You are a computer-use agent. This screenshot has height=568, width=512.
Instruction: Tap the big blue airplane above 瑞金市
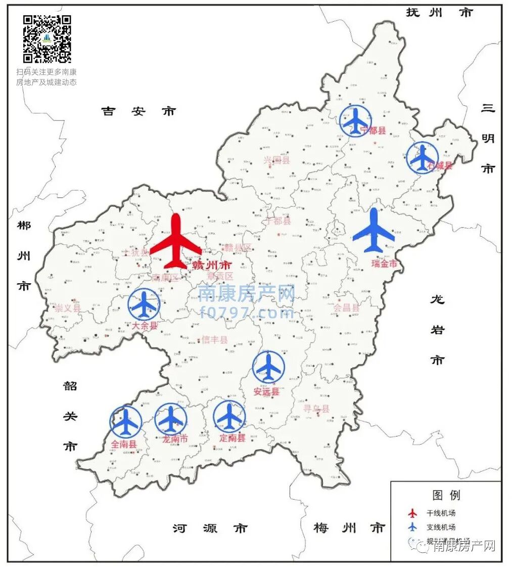pos(374,231)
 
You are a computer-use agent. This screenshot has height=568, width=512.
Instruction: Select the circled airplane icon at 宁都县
pos(355,120)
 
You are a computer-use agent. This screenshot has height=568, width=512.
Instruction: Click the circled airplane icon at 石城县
pos(422,158)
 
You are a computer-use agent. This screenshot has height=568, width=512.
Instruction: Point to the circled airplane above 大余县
pos(144,304)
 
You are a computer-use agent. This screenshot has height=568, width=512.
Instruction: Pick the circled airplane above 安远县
pos(268,367)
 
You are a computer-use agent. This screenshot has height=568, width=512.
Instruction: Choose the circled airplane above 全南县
pos(126,422)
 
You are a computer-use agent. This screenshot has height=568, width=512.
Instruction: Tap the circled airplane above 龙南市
pos(171,419)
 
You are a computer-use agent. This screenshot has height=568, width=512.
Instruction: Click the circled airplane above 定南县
pos(229,417)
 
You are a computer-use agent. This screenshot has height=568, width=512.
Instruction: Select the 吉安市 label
pos(138,111)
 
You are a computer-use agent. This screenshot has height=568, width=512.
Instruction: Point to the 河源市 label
pos(210,529)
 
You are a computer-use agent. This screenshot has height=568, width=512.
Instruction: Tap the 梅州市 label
pos(349,529)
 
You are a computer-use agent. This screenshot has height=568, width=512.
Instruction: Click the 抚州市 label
pos(439,13)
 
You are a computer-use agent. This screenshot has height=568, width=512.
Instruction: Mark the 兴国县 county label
pos(277,160)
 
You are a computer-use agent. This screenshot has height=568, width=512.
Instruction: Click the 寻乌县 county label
pos(316,409)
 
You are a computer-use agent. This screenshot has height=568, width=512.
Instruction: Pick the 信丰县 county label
pos(215,340)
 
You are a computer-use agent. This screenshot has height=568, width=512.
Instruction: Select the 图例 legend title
pos(446,495)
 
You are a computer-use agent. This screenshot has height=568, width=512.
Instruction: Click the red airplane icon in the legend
pos(413,513)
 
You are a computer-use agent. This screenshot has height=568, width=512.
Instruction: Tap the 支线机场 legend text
pos(441,527)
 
